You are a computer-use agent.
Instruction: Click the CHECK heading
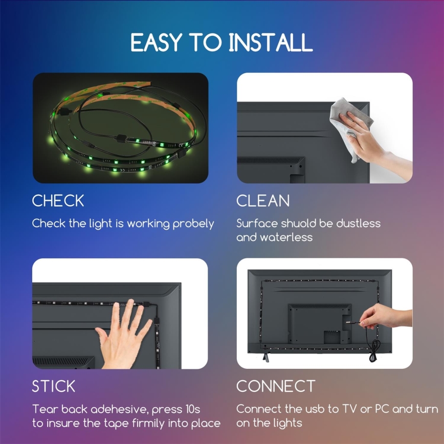click(x=58, y=201)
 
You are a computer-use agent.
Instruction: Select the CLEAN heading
click(x=263, y=201)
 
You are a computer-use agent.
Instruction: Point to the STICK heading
click(x=54, y=386)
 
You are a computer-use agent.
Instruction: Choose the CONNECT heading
click(x=276, y=386)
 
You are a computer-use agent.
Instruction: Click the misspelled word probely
click(x=193, y=224)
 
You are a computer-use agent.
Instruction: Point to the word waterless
click(x=286, y=237)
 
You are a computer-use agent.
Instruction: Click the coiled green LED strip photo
click(x=120, y=128)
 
